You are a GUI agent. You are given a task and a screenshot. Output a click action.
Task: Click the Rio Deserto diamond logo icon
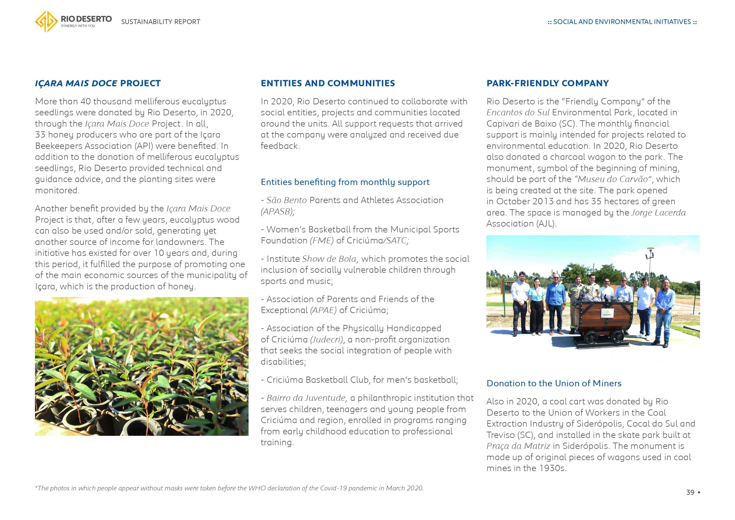tap(47, 21)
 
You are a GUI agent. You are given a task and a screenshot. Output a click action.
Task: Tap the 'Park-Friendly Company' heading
tap(547, 83)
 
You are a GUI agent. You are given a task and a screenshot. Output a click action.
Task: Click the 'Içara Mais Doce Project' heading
tap(98, 83)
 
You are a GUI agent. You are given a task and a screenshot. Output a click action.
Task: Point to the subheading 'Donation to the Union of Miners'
tap(554, 383)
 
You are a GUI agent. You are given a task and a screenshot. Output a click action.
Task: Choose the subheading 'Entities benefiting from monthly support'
tap(345, 182)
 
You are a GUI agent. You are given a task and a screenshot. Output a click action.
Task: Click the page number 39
tap(690, 492)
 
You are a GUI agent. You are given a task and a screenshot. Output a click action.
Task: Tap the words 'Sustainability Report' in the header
tap(160, 22)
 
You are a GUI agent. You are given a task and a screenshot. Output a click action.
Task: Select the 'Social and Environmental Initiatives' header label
tap(622, 22)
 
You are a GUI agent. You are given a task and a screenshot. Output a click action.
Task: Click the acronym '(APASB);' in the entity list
tap(278, 211)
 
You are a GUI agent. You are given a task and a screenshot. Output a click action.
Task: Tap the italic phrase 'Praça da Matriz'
tap(518, 446)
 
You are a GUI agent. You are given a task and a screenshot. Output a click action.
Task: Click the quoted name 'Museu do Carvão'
tap(613, 179)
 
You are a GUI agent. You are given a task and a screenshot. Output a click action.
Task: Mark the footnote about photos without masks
tap(229, 488)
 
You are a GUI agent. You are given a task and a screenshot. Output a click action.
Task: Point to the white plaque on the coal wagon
tap(607, 313)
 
